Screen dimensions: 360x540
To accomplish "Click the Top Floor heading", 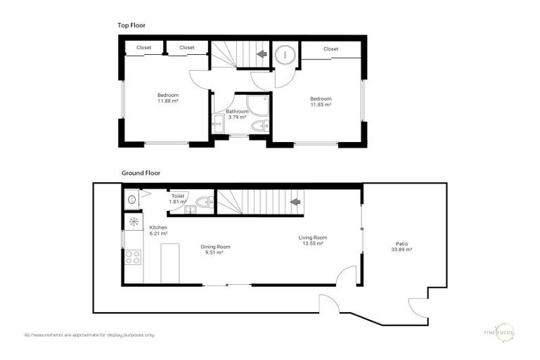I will pos(132,25).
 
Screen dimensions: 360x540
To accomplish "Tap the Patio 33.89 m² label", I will pos(402,247).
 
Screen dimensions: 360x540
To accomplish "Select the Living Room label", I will pos(313,240).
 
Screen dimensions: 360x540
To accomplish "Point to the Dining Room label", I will pos(216,249).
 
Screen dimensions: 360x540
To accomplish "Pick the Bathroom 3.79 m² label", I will pos(236,114).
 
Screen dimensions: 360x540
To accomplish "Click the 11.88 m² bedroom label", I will pos(167,98).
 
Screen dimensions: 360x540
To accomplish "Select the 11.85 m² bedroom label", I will pos(321,101).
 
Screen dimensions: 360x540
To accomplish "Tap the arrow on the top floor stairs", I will pos(261,53).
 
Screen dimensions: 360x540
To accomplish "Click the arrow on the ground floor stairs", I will pos(295,202).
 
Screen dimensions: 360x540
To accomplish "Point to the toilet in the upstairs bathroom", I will pos(259,127).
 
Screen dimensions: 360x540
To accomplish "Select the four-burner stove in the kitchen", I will pos(132,257).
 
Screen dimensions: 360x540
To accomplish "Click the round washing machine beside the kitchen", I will pos(131,198).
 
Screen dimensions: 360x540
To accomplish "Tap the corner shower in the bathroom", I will pos(259,105).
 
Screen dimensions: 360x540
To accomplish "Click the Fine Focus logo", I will pos(503,333).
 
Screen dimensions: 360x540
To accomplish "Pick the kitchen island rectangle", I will pos(169,263).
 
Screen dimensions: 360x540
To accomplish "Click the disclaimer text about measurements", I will pos(89,335).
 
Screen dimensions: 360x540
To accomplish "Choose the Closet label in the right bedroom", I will pos(330,49).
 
